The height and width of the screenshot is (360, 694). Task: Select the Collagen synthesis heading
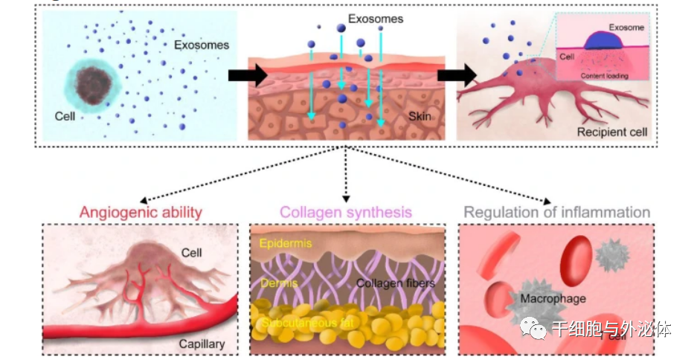point(346,213)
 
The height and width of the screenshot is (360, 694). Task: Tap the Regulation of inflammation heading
point(556,213)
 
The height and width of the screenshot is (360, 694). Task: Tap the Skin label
point(420,117)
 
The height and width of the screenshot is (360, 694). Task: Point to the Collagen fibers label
point(395,283)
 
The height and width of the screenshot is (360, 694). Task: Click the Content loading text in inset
point(603,76)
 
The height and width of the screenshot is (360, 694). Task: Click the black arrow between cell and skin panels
point(246,74)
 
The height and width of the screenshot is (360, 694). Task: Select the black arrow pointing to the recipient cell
point(456,74)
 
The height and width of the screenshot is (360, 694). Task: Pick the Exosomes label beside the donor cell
point(202,45)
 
